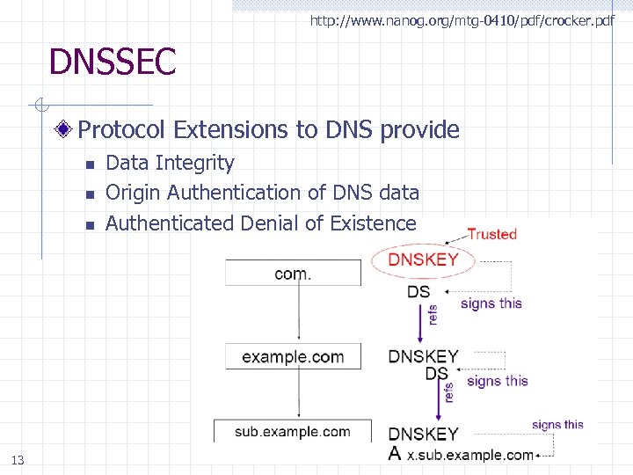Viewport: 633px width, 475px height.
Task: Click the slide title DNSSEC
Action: click(113, 62)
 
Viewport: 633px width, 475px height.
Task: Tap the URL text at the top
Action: click(462, 19)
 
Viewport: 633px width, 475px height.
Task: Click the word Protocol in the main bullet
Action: click(122, 130)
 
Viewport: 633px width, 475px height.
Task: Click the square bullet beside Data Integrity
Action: click(89, 164)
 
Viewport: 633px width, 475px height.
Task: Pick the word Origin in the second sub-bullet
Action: click(133, 193)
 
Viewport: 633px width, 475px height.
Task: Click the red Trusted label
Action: click(491, 234)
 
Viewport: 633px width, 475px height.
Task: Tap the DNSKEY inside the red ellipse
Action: click(424, 259)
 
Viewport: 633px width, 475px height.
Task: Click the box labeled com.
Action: click(293, 274)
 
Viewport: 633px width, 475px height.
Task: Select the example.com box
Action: click(293, 356)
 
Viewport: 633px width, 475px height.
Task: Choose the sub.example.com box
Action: click(293, 431)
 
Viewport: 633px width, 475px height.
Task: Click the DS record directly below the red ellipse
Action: click(419, 292)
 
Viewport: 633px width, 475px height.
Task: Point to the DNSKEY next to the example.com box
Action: click(424, 356)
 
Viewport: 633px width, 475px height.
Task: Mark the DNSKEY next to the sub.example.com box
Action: click(424, 434)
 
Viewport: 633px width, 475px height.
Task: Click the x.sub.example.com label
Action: click(469, 455)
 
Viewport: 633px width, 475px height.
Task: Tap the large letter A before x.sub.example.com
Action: click(397, 454)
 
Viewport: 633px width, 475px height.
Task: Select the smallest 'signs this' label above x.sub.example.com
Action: click(557, 425)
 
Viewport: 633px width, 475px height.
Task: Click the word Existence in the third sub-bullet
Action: click(373, 223)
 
